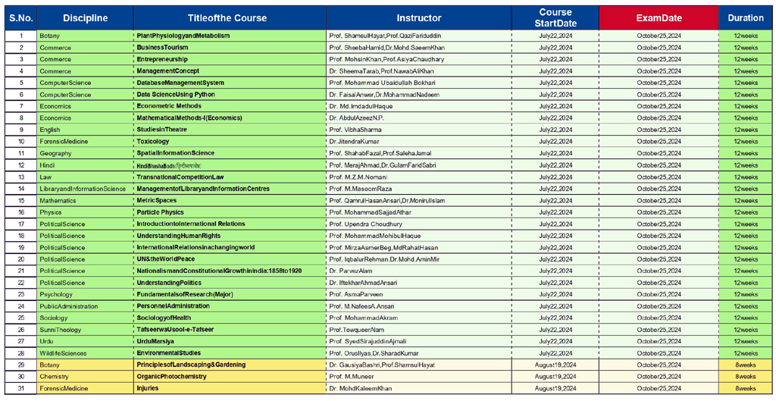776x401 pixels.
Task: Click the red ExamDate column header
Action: pyautogui.click(x=658, y=18)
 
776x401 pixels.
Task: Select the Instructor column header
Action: pyautogui.click(x=418, y=18)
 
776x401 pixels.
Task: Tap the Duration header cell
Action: pyautogui.click(x=745, y=18)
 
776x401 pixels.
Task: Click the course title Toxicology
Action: pyautogui.click(x=153, y=142)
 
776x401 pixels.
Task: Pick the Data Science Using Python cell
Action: pyautogui.click(x=176, y=95)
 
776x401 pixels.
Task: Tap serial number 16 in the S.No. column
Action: pyautogui.click(x=21, y=212)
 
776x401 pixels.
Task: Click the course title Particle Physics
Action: pyautogui.click(x=160, y=212)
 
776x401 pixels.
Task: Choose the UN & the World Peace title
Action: pyautogui.click(x=165, y=259)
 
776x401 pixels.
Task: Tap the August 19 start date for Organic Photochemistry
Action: pyautogui.click(x=555, y=377)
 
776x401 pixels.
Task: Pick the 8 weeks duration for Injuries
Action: pyautogui.click(x=745, y=388)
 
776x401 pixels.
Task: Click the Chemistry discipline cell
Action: pyautogui.click(x=54, y=377)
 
